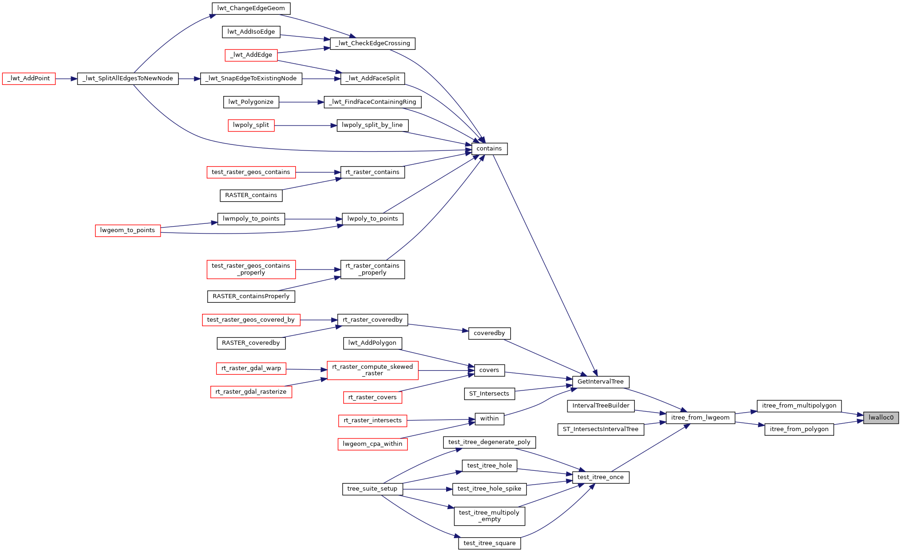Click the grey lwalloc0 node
[x=881, y=418]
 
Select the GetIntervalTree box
[x=600, y=382]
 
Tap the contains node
[x=489, y=149]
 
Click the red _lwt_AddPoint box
[x=29, y=78]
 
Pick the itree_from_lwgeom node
[x=700, y=418]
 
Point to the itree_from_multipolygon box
[x=799, y=406]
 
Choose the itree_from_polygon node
[x=799, y=429]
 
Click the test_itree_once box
[x=600, y=477]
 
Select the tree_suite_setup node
[x=372, y=489]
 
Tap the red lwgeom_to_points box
[x=128, y=230]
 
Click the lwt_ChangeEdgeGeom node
[x=251, y=8]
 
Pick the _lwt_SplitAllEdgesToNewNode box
[x=128, y=78]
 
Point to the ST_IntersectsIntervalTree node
[x=600, y=429]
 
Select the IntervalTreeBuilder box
[x=601, y=406]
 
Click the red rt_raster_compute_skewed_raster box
[x=372, y=370]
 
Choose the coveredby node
[x=489, y=333]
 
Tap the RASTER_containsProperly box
[x=251, y=296]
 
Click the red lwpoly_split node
[x=251, y=125]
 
